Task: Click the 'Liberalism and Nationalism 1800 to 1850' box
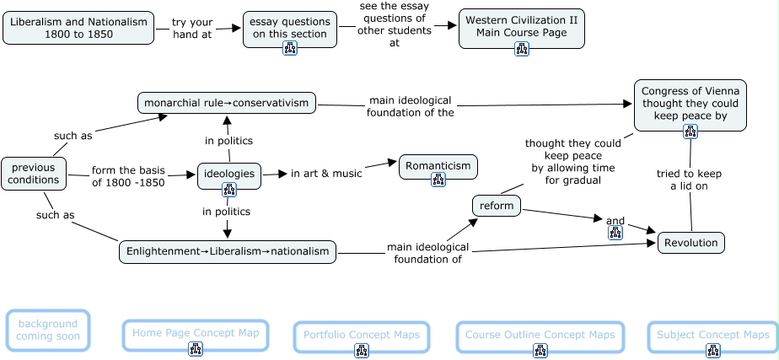tap(78, 28)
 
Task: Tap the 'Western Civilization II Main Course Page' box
tap(521, 28)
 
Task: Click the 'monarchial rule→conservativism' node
tap(227, 103)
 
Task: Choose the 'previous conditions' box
tap(34, 173)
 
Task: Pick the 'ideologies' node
tap(228, 173)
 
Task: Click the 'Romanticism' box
tap(438, 166)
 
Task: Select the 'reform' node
tap(497, 206)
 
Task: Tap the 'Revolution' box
tap(690, 243)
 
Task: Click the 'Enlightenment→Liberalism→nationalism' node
tap(227, 252)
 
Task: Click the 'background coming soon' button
tap(48, 330)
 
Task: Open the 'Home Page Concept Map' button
tap(195, 334)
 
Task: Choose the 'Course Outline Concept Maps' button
tap(540, 336)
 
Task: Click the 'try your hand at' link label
tap(191, 28)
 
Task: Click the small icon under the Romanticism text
tap(438, 179)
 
